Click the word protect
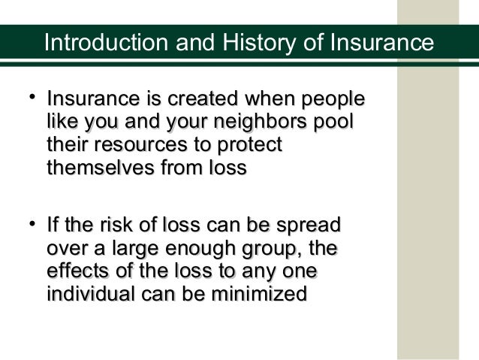(x=247, y=146)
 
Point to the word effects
(x=79, y=271)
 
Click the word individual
(x=95, y=294)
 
